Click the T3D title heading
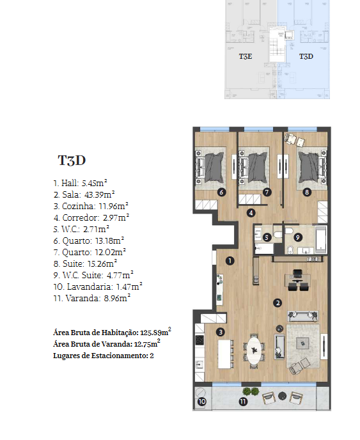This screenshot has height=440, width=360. point(72,161)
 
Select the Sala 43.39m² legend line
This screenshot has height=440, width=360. point(84,194)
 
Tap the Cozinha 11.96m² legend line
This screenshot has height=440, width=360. point(91,206)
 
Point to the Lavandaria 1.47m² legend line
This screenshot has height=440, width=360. point(98,287)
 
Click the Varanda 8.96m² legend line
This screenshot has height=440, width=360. point(92,298)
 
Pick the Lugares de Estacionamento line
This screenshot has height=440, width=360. point(104,356)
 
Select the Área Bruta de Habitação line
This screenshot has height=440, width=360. point(113,332)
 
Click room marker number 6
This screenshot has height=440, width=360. point(222,192)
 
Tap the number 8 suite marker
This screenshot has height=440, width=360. point(307,192)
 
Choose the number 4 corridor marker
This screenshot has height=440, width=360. point(251,213)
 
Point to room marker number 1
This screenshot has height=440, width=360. point(230,261)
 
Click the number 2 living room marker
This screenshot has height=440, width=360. point(278,302)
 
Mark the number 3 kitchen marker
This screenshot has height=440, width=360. point(221,333)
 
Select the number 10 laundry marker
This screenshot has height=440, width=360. point(202,402)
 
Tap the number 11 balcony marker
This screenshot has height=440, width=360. point(243,402)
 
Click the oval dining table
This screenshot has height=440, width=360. point(254,350)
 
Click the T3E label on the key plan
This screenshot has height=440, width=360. point(246,56)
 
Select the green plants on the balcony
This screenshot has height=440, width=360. point(251,391)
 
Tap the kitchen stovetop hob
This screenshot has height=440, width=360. point(200,340)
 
